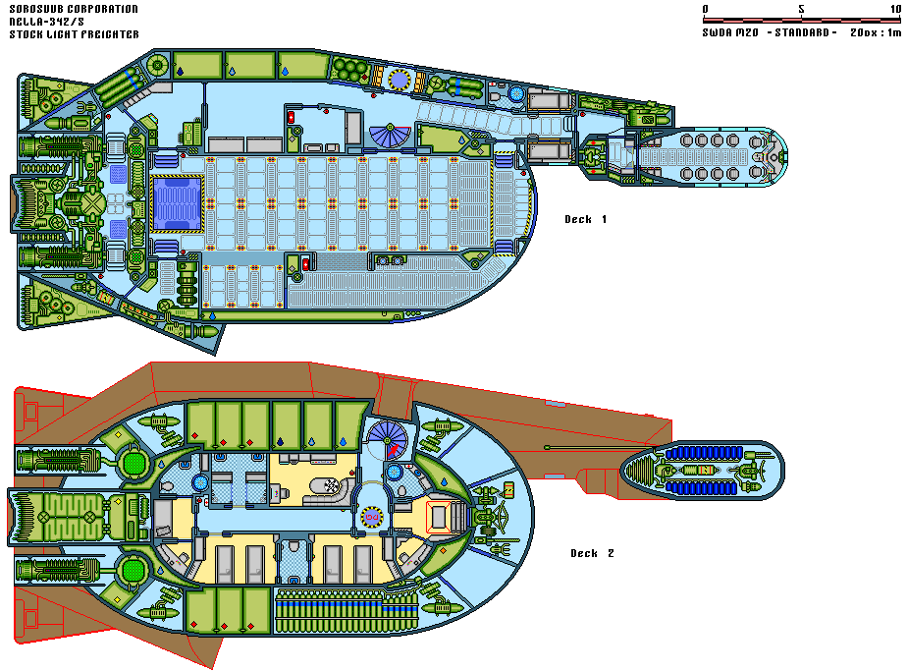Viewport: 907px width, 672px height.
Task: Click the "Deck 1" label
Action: point(585,219)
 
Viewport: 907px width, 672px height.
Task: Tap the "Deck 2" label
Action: point(592,553)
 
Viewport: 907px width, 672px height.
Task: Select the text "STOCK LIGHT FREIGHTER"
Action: point(74,34)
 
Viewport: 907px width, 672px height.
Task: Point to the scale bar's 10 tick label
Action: point(894,9)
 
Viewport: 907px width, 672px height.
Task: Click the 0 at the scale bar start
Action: point(706,9)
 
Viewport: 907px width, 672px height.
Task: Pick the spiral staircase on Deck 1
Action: point(389,135)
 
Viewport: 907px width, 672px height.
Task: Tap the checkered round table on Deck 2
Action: point(335,484)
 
